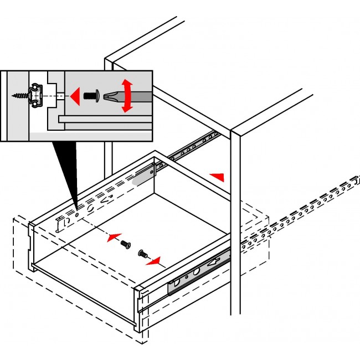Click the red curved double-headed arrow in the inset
[127, 95]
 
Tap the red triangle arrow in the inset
[75, 95]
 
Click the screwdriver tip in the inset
[110, 95]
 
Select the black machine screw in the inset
[91, 95]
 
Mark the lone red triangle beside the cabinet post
[218, 177]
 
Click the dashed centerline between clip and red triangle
[58, 95]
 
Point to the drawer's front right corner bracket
[140, 307]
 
